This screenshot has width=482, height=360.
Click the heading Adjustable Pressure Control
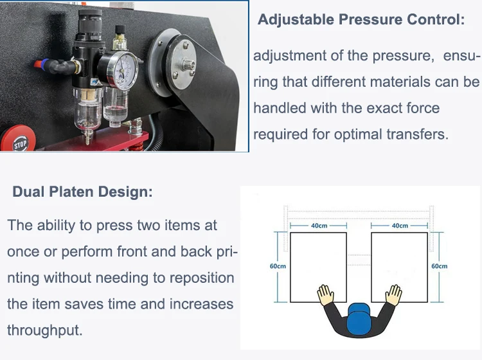coord(361,20)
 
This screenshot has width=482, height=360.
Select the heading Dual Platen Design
coord(82,192)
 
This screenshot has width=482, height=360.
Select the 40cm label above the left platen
coord(319,226)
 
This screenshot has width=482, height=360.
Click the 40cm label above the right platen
coord(400,226)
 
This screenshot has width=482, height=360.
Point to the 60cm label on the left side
coord(278,265)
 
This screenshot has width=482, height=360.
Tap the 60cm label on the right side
coord(440,265)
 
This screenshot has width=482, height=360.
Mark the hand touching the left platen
coord(325,296)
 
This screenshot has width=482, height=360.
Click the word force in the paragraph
coord(422,107)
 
